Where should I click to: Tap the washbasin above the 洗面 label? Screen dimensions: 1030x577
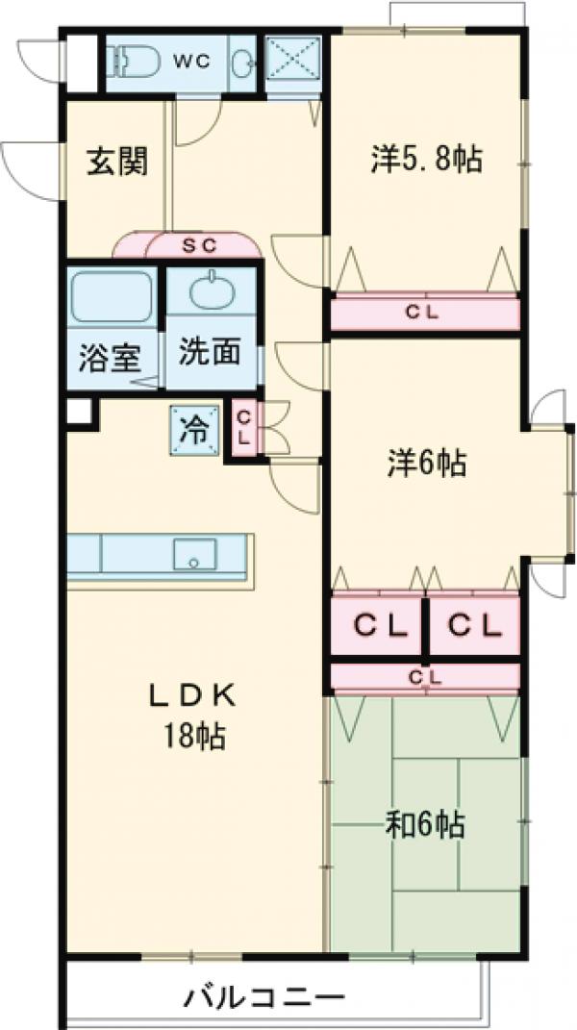[212, 290]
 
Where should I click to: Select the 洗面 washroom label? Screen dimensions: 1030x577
[209, 353]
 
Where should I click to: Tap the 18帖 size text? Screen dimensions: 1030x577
[193, 737]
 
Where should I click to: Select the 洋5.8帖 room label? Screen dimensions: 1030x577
[426, 160]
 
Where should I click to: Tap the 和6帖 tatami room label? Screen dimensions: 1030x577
[426, 823]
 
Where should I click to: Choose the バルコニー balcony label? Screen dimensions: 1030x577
[263, 997]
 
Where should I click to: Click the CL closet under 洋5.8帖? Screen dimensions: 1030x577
[424, 312]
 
